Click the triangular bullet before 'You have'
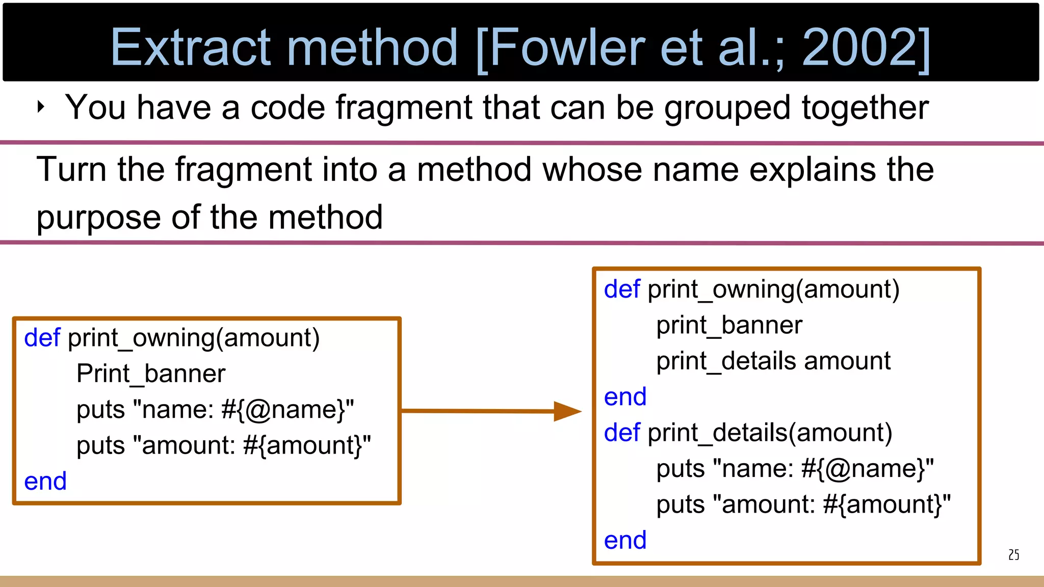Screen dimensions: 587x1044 pyautogui.click(x=41, y=107)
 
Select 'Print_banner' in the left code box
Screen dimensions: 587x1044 pyautogui.click(x=151, y=373)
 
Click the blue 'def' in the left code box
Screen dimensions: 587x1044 pyautogui.click(x=42, y=337)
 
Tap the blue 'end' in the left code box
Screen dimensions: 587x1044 pyautogui.click(x=45, y=481)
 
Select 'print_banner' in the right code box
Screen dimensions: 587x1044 pyautogui.click(x=729, y=325)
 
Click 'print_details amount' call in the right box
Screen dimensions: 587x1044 pyautogui.click(x=773, y=361)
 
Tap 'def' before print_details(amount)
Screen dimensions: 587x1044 pyautogui.click(x=622, y=433)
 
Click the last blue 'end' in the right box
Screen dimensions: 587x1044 pyautogui.click(x=625, y=540)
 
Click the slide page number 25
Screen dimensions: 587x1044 pyautogui.click(x=1013, y=555)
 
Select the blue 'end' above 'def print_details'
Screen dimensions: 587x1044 pyautogui.click(x=625, y=397)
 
